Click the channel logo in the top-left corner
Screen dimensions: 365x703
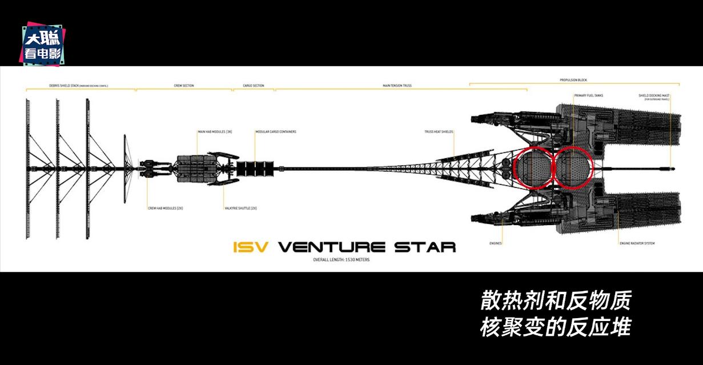coord(43,43)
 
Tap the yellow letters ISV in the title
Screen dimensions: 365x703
coord(251,247)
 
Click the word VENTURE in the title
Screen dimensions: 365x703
coord(331,247)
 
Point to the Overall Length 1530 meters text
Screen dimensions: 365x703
coord(342,260)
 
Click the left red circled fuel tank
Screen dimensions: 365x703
coord(533,167)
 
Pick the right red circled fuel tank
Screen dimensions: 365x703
coord(573,167)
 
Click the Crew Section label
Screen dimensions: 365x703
coord(184,86)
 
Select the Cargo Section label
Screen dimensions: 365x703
coord(254,86)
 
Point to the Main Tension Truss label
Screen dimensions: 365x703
coord(397,86)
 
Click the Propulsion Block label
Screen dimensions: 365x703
coord(573,80)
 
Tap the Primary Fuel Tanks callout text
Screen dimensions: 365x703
coord(588,95)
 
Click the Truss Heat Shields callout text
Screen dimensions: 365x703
coord(439,132)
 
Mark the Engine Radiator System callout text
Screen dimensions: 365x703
coord(637,243)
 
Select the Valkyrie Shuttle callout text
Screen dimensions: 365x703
coord(240,208)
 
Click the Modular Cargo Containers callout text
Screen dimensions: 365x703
coord(276,132)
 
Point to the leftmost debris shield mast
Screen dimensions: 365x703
coord(27,169)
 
